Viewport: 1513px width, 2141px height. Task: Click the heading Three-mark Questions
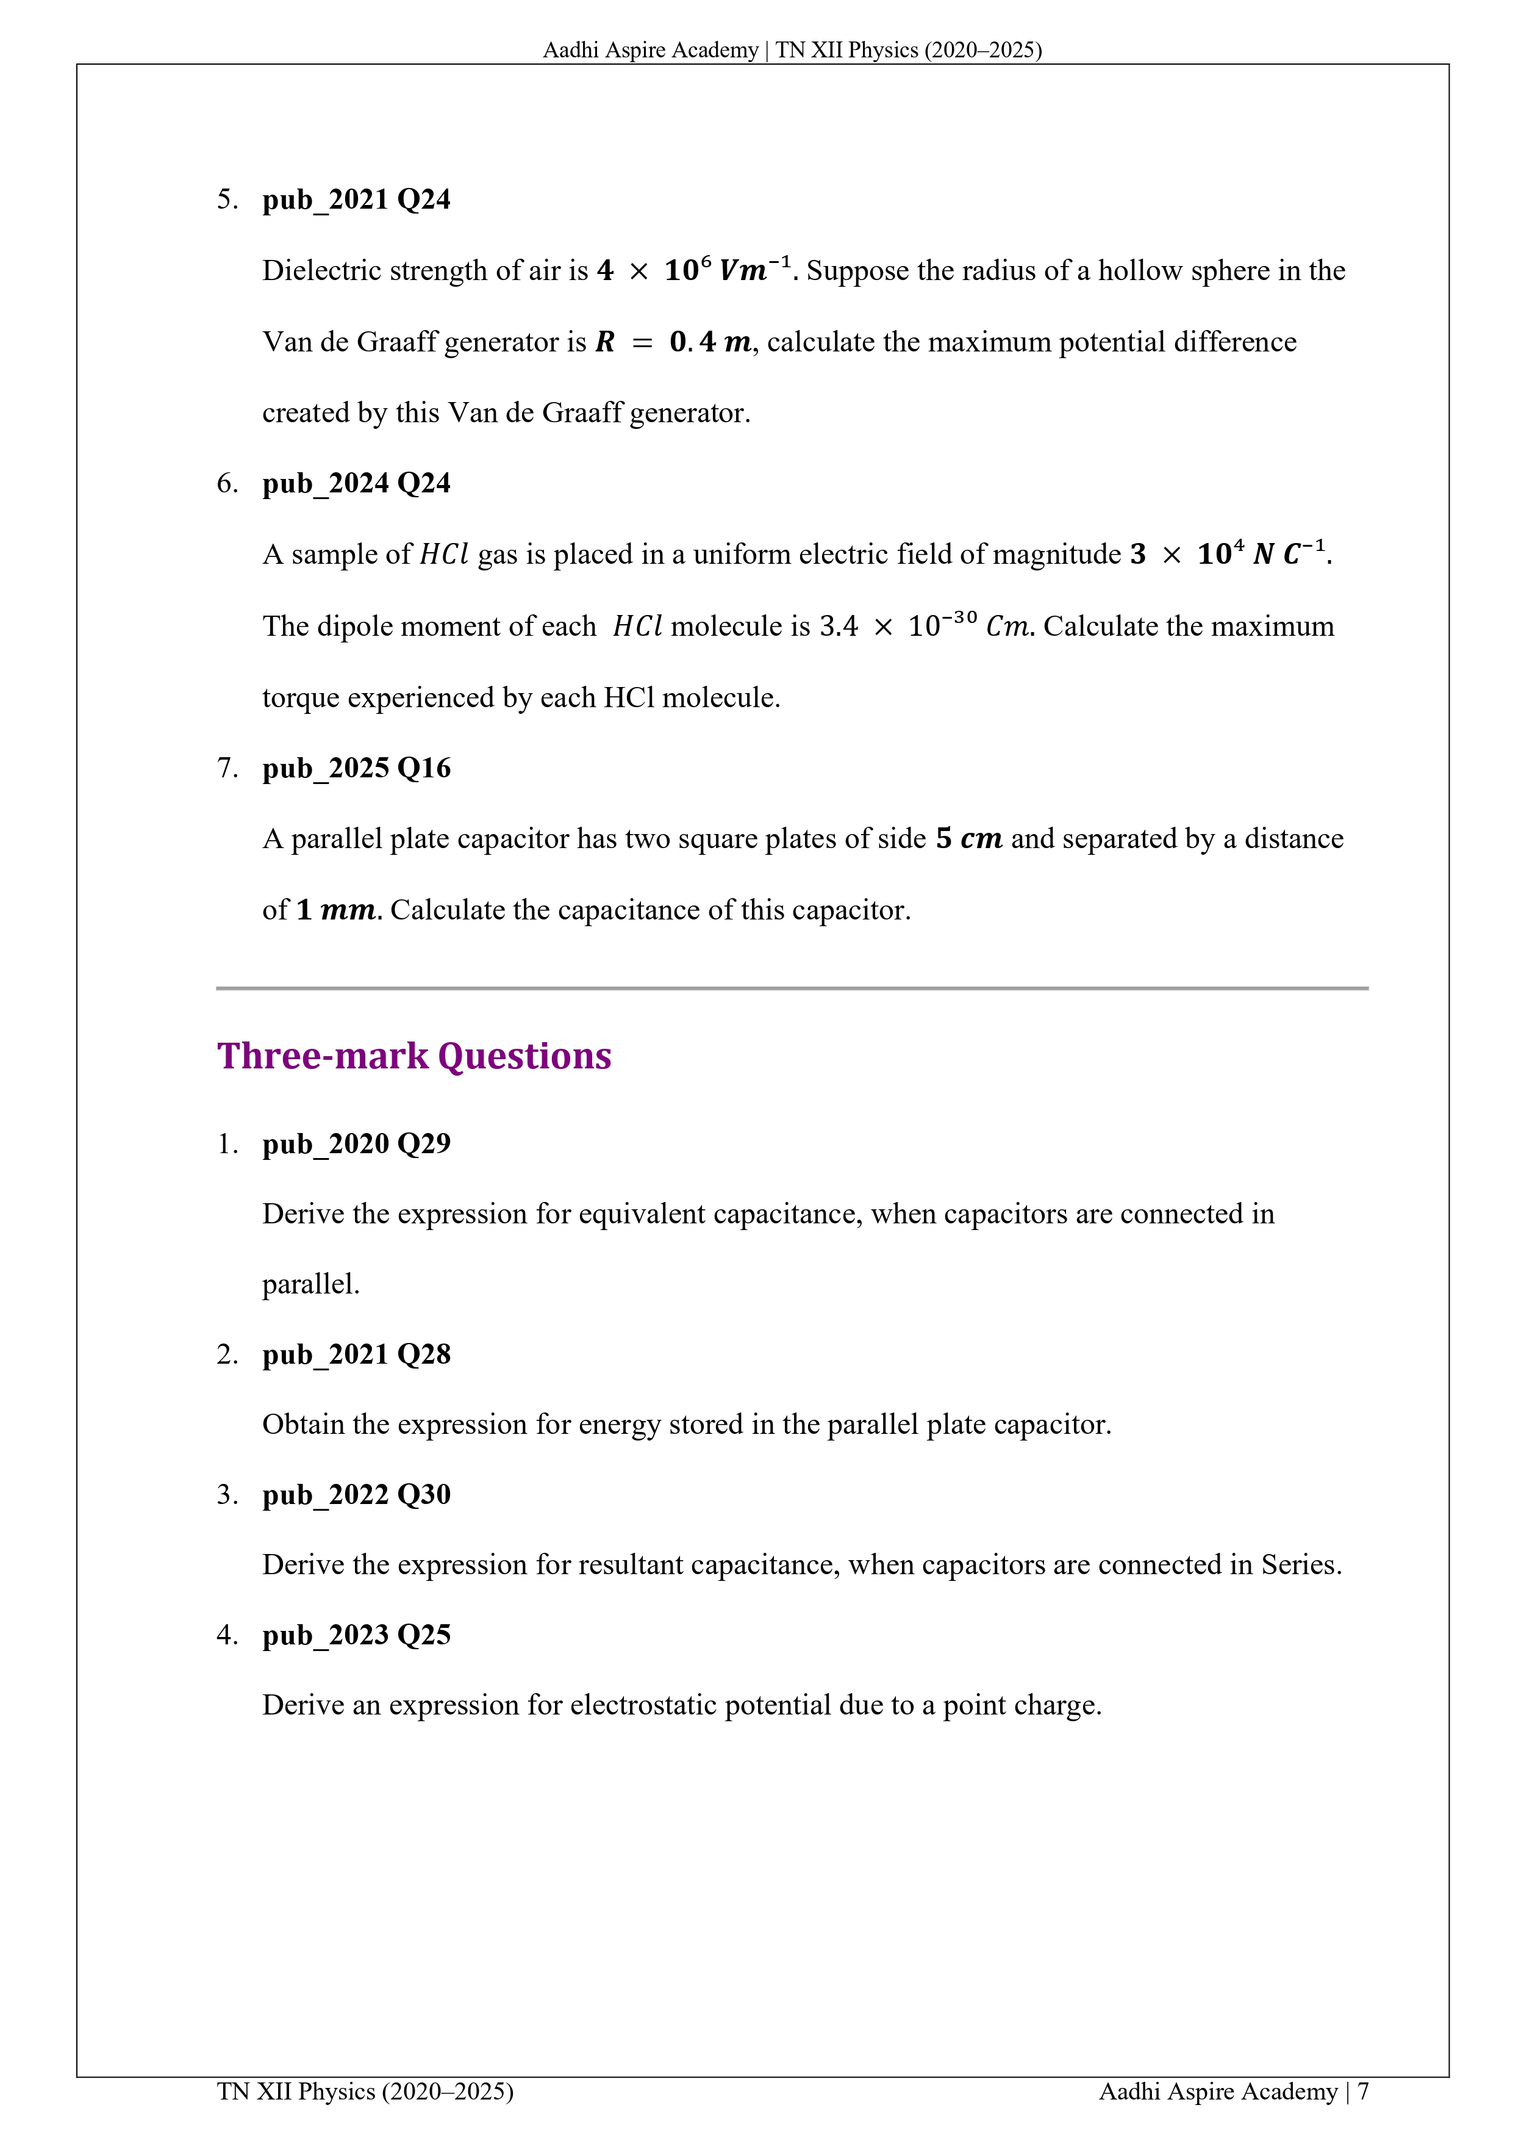click(414, 1057)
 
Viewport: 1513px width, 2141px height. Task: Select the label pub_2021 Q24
click(356, 200)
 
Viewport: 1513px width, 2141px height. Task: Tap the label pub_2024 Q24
click(356, 484)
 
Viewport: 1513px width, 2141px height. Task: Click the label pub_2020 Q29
click(356, 1144)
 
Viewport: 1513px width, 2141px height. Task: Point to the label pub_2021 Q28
click(356, 1355)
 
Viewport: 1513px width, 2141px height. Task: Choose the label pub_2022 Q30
click(356, 1495)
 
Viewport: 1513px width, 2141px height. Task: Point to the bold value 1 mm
click(335, 910)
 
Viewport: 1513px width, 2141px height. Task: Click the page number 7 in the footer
click(1363, 2092)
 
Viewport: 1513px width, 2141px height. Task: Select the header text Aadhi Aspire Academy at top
click(649, 51)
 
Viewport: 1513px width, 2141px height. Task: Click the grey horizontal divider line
click(792, 987)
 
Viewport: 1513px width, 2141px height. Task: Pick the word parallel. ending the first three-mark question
click(310, 1285)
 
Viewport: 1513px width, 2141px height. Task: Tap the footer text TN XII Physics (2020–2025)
click(365, 2092)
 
